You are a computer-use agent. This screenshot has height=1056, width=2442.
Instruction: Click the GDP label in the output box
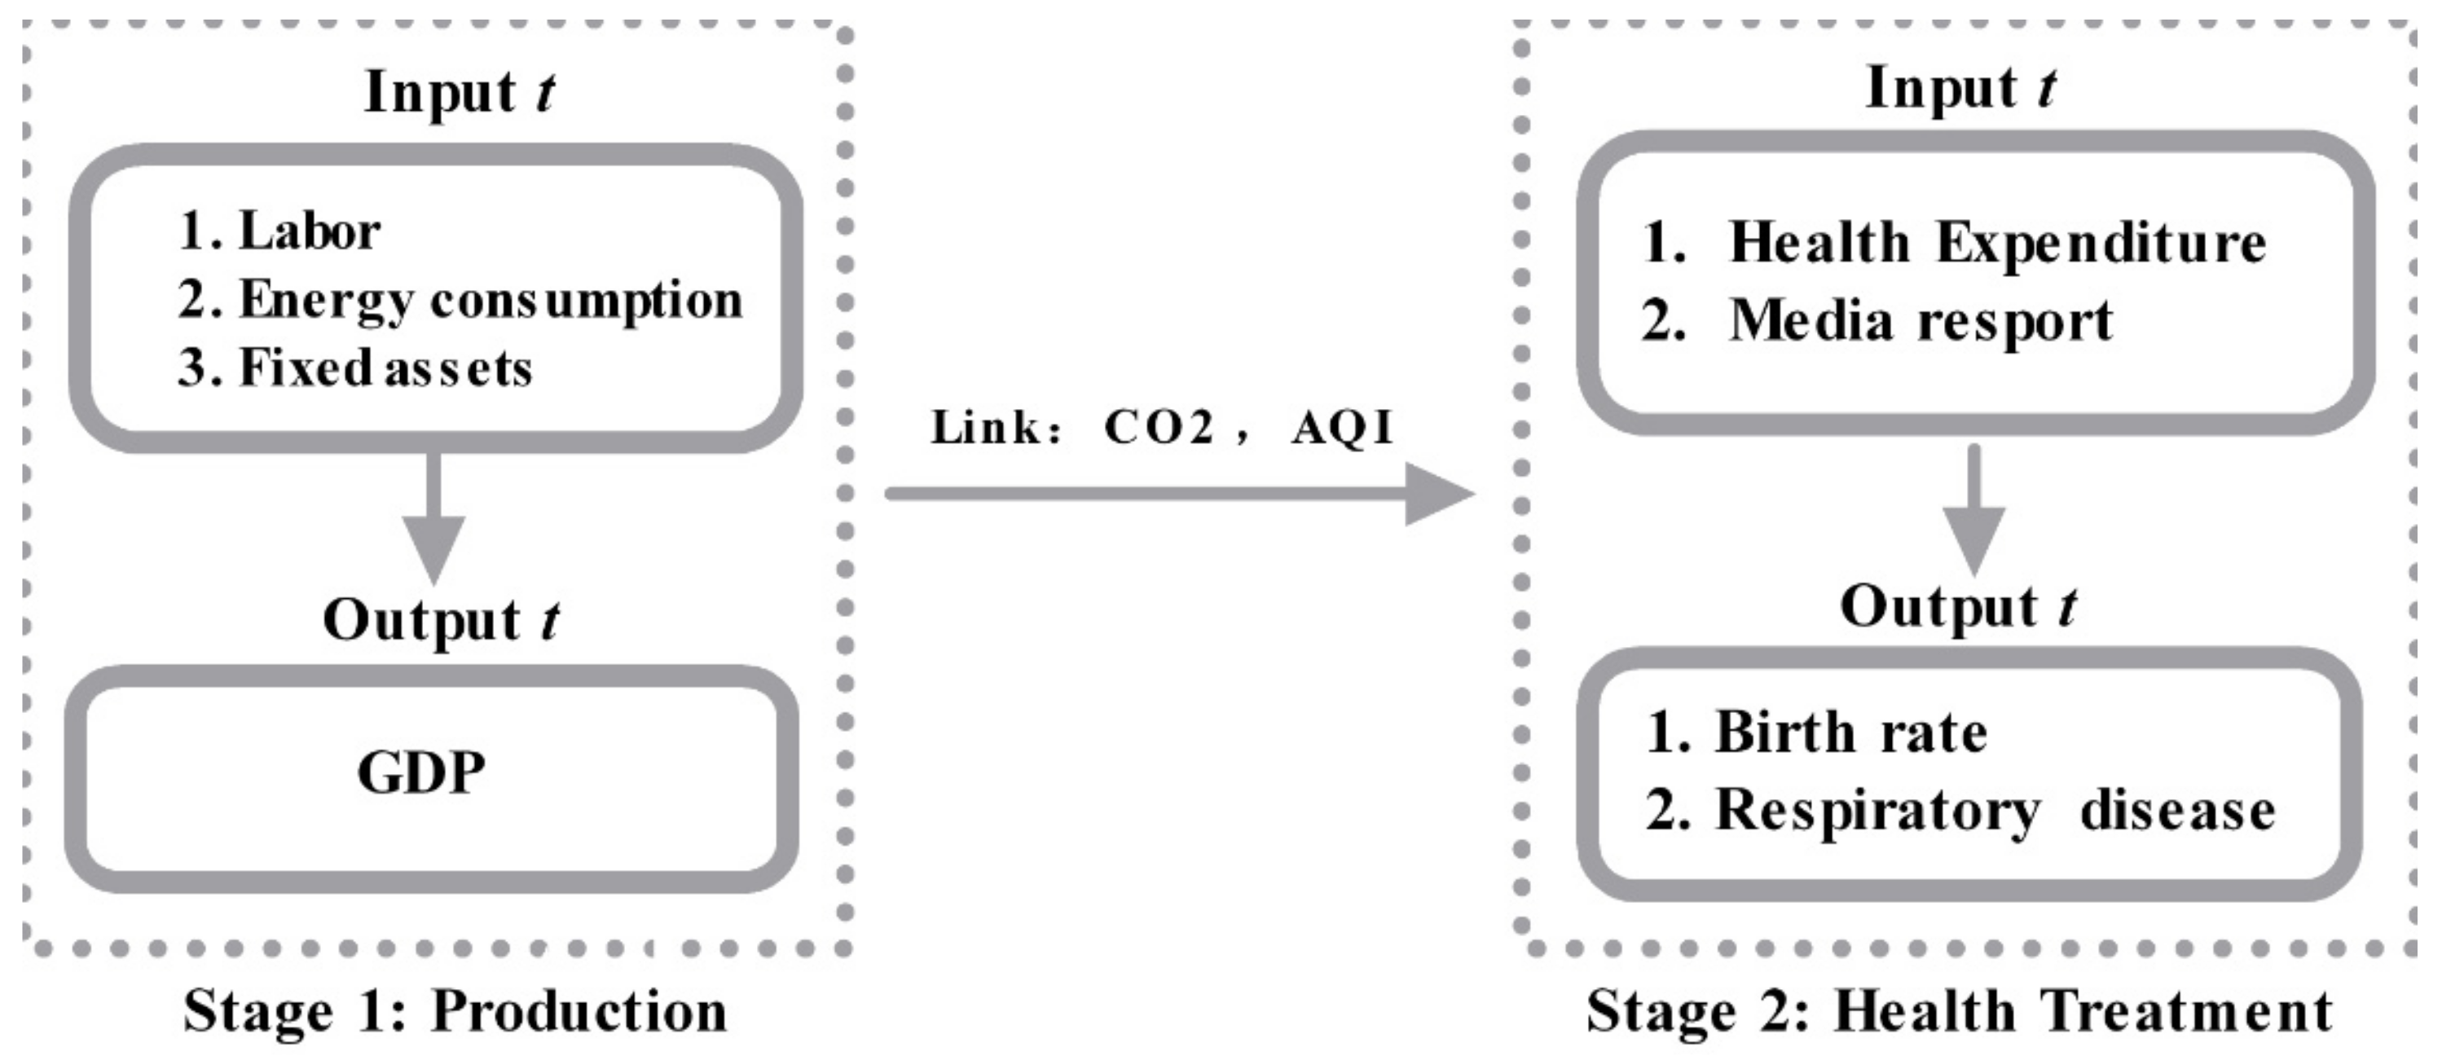click(x=422, y=772)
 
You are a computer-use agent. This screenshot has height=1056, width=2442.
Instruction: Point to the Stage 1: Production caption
click(x=455, y=1010)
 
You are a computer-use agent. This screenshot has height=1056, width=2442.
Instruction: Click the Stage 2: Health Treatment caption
click(x=1960, y=1010)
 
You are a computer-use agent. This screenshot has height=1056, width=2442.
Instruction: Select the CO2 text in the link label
click(x=1159, y=428)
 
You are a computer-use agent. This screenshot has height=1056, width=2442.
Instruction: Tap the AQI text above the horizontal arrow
click(x=1341, y=428)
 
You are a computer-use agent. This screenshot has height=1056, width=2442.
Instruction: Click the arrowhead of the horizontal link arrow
click(x=1437, y=493)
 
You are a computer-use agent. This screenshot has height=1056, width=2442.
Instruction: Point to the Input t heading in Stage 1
click(x=459, y=93)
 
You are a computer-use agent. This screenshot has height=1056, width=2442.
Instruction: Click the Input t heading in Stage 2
click(x=1960, y=88)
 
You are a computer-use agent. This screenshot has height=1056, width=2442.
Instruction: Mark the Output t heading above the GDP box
click(x=441, y=620)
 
